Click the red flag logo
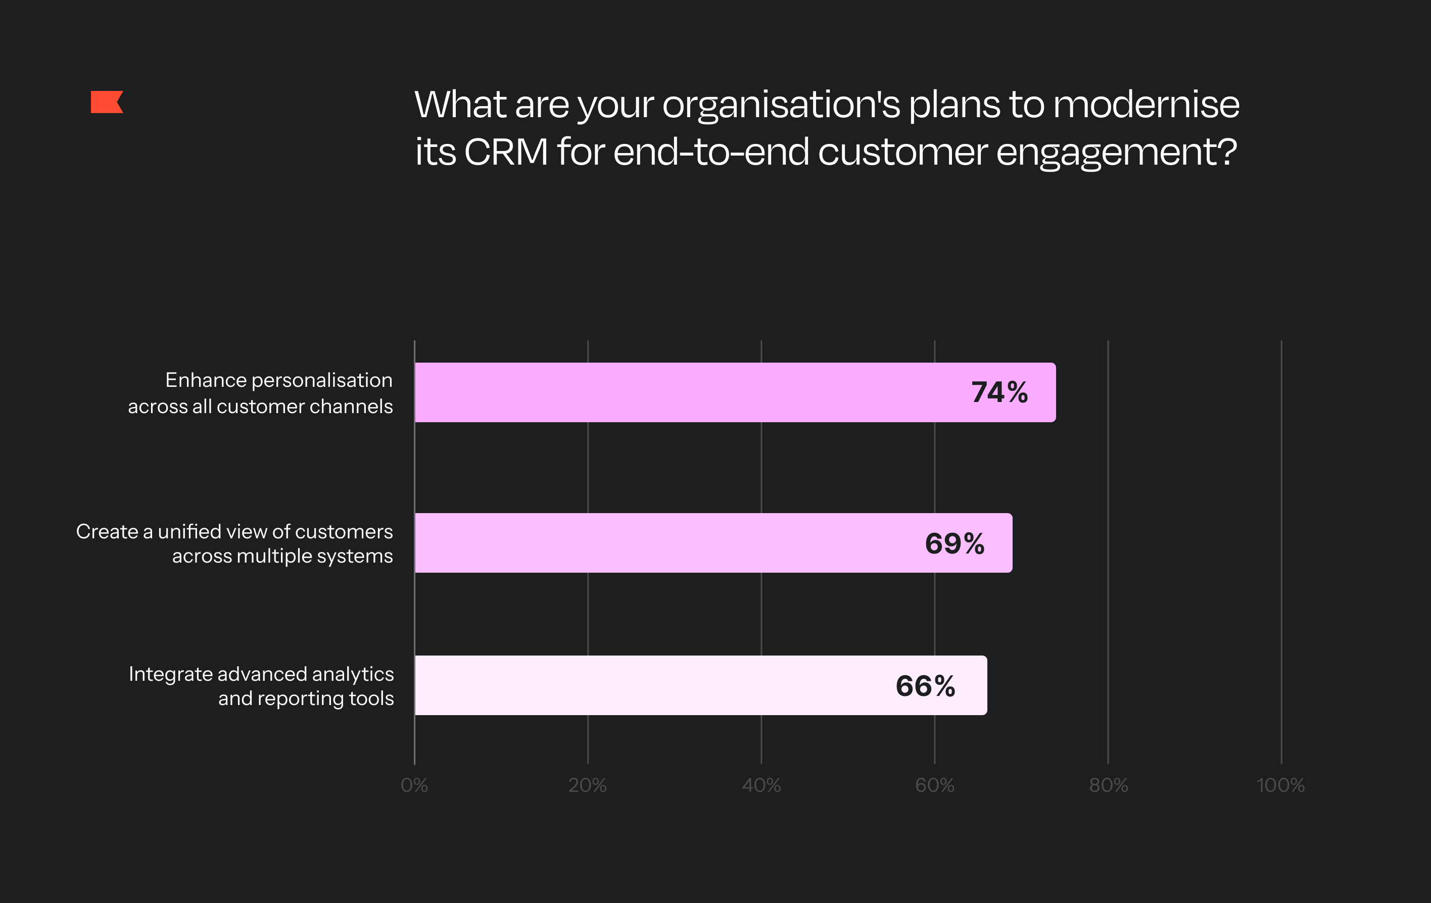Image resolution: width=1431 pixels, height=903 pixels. pyautogui.click(x=107, y=102)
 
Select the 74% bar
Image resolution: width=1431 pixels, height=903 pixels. pyautogui.click(x=735, y=392)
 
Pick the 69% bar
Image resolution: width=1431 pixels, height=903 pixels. pyautogui.click(x=713, y=543)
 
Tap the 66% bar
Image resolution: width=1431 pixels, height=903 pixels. pyautogui.click(x=701, y=685)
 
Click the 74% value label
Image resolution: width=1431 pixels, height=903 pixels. pyautogui.click(x=999, y=392)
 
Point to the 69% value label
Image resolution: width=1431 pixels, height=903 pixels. pyautogui.click(x=955, y=543)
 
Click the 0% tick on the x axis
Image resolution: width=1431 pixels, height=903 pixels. pyautogui.click(x=414, y=785)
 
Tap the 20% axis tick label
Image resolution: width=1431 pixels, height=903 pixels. pyautogui.click(x=587, y=785)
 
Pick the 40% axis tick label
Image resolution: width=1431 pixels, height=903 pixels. pyautogui.click(x=761, y=785)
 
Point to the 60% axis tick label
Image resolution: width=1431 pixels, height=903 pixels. pyautogui.click(x=935, y=785)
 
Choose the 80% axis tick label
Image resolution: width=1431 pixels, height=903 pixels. pyautogui.click(x=1108, y=785)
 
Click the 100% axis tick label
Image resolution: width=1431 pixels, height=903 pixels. pyautogui.click(x=1280, y=785)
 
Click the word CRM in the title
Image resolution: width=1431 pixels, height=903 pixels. pyautogui.click(x=506, y=152)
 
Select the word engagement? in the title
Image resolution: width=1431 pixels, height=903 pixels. pyautogui.click(x=1117, y=153)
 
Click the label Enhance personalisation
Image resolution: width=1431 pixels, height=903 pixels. pyautogui.click(x=279, y=380)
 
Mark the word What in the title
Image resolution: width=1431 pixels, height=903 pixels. pyautogui.click(x=460, y=104)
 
